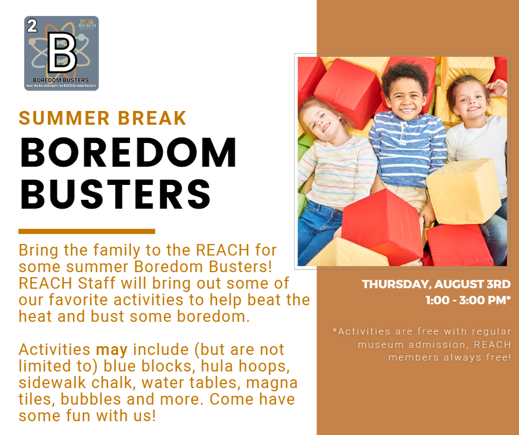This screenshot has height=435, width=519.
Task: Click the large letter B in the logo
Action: point(62,52)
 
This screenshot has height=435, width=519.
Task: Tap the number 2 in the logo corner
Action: point(32,26)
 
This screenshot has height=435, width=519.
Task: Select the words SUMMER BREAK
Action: point(103,118)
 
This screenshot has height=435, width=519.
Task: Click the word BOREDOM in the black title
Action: point(129,152)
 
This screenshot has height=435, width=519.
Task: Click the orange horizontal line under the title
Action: point(87,231)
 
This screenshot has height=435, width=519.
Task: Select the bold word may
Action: point(112,350)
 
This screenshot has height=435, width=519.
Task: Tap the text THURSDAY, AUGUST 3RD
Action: point(436,284)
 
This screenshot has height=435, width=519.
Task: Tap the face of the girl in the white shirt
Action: point(470,101)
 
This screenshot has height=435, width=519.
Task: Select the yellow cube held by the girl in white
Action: point(464,191)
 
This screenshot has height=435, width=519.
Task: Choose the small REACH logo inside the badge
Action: point(87,24)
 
